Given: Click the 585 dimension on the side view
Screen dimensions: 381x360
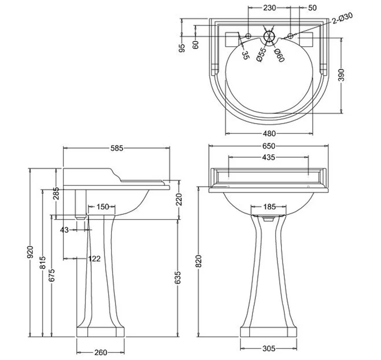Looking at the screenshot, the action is (117, 148).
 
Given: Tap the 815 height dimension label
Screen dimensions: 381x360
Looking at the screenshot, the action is (42, 262).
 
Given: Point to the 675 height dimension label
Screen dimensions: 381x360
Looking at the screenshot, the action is (51, 275).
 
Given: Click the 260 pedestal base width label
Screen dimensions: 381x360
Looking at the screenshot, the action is (100, 352).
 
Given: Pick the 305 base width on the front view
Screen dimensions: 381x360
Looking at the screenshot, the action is (269, 349).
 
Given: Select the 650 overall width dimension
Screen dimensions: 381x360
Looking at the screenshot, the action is (269, 146).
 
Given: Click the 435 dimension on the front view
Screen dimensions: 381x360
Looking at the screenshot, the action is (269, 158).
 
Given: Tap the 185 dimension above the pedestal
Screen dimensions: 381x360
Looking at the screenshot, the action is (270, 207).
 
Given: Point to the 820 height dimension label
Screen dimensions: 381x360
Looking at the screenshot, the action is (199, 261).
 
